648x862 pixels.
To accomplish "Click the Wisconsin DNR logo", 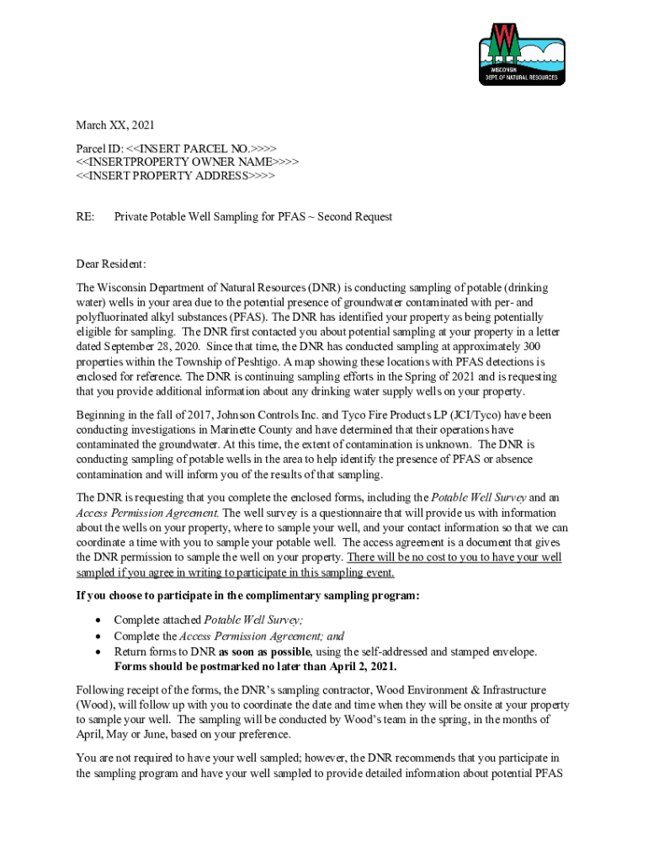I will [522, 53].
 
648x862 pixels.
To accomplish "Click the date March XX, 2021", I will [115, 125].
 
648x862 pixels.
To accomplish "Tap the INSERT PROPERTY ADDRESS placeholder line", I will [175, 176].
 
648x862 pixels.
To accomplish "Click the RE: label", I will [85, 217].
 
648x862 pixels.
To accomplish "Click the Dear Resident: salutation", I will [111, 264].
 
